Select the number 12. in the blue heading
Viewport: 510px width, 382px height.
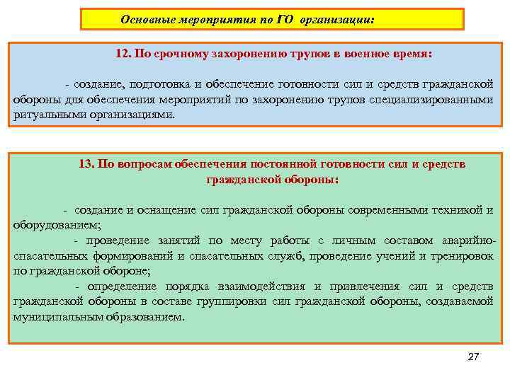pos(124,54)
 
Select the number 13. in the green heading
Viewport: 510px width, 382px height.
pos(87,164)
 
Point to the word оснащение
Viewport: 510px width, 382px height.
pos(166,210)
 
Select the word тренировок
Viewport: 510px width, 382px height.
pos(463,255)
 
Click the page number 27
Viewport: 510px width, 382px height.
pos(473,357)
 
